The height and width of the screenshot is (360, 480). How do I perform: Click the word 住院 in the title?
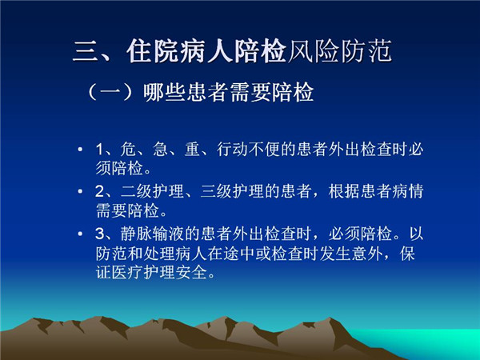click(x=153, y=51)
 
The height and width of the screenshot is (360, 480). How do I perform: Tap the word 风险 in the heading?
click(x=313, y=51)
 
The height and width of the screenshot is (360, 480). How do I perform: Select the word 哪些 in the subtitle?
click(x=165, y=92)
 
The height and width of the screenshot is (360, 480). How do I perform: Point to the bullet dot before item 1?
click(x=80, y=150)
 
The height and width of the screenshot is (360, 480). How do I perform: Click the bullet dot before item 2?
click(x=80, y=192)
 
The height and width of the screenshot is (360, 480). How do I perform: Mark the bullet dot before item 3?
click(x=80, y=234)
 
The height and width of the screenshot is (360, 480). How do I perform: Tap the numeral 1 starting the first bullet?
click(x=99, y=150)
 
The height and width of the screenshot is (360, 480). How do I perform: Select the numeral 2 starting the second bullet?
click(x=100, y=192)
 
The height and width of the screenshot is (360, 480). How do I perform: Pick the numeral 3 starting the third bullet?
click(x=100, y=234)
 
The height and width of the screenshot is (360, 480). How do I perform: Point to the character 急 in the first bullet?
click(x=161, y=150)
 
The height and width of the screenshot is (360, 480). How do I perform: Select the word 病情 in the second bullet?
click(x=408, y=191)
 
